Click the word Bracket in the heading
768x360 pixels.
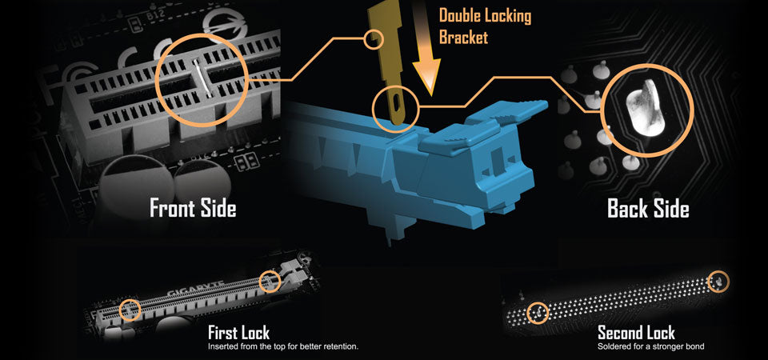coord(463,38)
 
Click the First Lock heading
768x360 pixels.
coord(238,333)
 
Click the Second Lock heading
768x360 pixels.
coord(636,333)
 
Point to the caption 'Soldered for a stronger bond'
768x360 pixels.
coord(651,346)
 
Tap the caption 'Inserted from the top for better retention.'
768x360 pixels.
coord(283,346)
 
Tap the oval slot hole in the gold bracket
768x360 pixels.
coord(394,103)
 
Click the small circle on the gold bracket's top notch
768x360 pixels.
coord(374,38)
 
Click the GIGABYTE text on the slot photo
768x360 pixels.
coord(197,288)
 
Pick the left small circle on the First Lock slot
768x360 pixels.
coord(130,310)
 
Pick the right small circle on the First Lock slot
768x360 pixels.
coord(270,281)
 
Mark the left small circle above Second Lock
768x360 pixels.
coord(538,313)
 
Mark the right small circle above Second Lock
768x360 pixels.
coord(718,281)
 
